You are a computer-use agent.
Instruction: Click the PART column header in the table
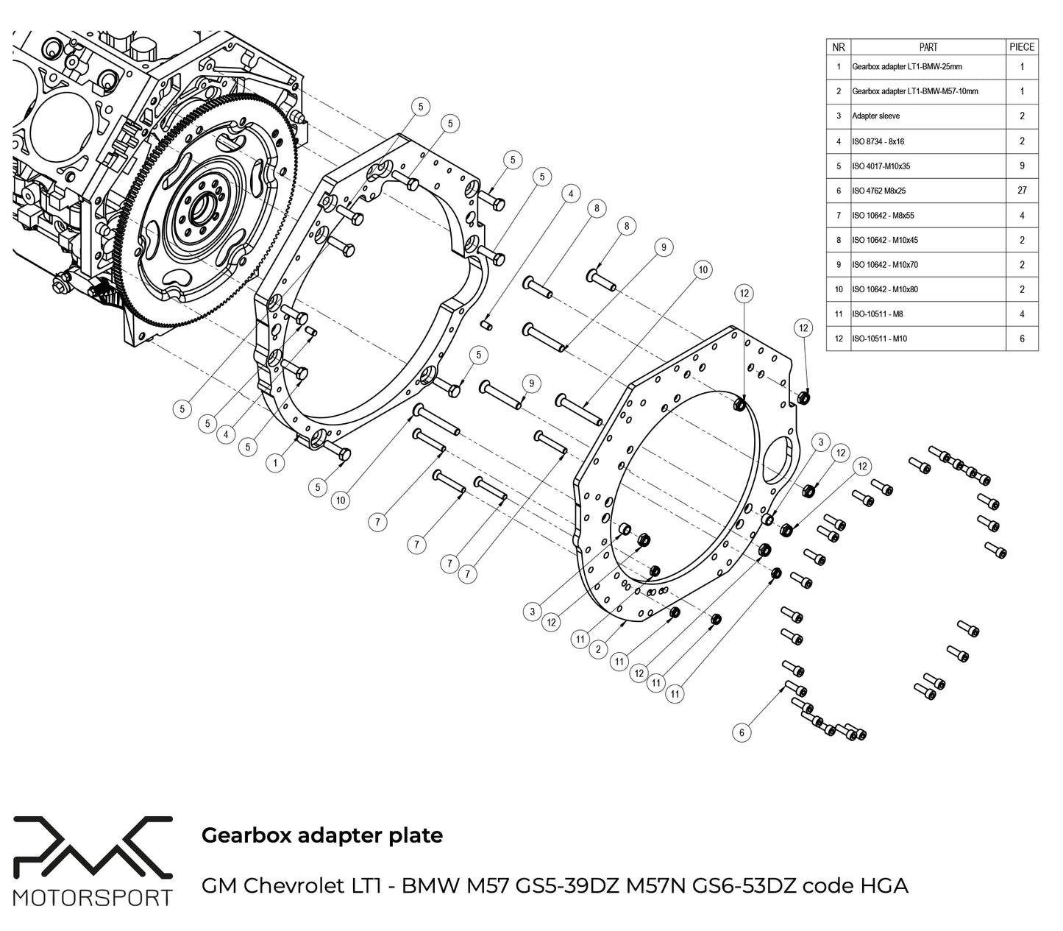click(928, 46)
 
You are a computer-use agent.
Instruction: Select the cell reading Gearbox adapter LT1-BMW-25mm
click(906, 66)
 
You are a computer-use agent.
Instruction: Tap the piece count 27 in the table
click(1021, 190)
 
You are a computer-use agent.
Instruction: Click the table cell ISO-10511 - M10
click(879, 339)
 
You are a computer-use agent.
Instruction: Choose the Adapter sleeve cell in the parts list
click(875, 116)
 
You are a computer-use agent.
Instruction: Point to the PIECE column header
click(1021, 46)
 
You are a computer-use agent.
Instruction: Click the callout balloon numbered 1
click(275, 463)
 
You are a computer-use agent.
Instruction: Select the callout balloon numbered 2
click(599, 649)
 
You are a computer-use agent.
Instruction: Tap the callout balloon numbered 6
click(742, 732)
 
